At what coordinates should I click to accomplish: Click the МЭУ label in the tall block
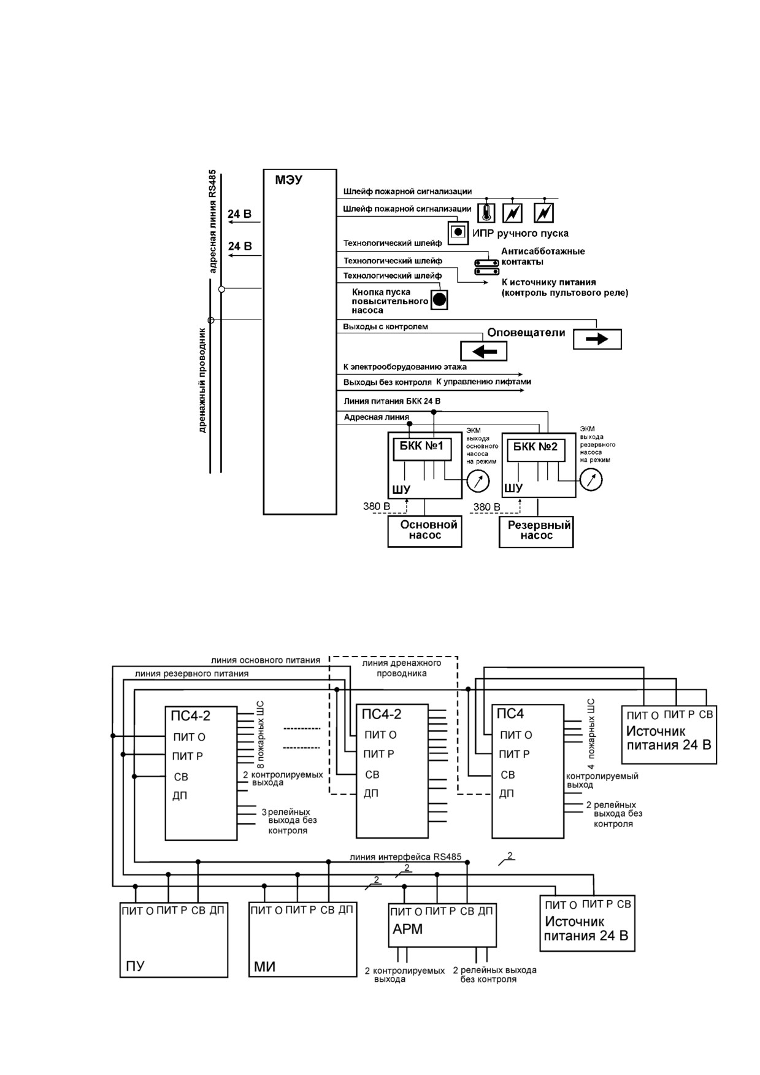(x=288, y=180)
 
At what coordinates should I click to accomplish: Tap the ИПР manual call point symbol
(x=458, y=233)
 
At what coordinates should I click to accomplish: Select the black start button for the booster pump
(x=439, y=299)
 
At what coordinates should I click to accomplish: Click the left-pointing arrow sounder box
(x=484, y=351)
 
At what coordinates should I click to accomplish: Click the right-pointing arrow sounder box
(x=597, y=339)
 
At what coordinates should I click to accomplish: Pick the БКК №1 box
(x=423, y=447)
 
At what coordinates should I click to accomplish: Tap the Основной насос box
(x=425, y=531)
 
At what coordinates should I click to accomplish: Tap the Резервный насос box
(x=537, y=531)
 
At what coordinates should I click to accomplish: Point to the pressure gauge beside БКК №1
(x=478, y=480)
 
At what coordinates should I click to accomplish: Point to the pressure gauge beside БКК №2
(x=591, y=480)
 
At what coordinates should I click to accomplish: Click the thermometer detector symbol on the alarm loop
(x=486, y=212)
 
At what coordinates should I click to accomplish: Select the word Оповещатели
(x=526, y=333)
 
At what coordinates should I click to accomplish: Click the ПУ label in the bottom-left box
(x=135, y=966)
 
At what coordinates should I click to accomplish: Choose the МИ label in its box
(x=265, y=967)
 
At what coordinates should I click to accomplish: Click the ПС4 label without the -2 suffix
(x=510, y=714)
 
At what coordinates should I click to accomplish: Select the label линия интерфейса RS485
(x=405, y=857)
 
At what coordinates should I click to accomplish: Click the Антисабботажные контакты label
(x=543, y=256)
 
